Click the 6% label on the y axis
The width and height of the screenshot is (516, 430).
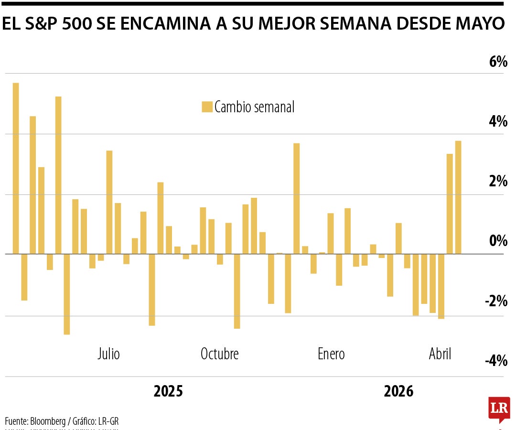497,62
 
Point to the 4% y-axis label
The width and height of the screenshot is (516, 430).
497,121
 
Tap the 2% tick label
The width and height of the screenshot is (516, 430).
497,182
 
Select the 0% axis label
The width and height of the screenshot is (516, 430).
497,241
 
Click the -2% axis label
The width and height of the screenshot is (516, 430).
495,301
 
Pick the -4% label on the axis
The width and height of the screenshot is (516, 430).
495,361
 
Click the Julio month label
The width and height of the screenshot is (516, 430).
108,354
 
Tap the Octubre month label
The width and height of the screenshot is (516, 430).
219,354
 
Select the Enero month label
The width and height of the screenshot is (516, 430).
331,354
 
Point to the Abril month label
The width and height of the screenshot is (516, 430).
440,354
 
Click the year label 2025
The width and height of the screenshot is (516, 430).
168,391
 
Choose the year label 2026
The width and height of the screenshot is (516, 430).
398,391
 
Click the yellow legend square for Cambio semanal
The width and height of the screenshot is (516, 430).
207,107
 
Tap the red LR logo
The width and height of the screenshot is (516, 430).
499,409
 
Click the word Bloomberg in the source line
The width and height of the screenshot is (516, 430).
48,421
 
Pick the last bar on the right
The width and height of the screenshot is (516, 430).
458,197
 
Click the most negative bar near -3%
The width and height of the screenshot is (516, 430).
67,294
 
